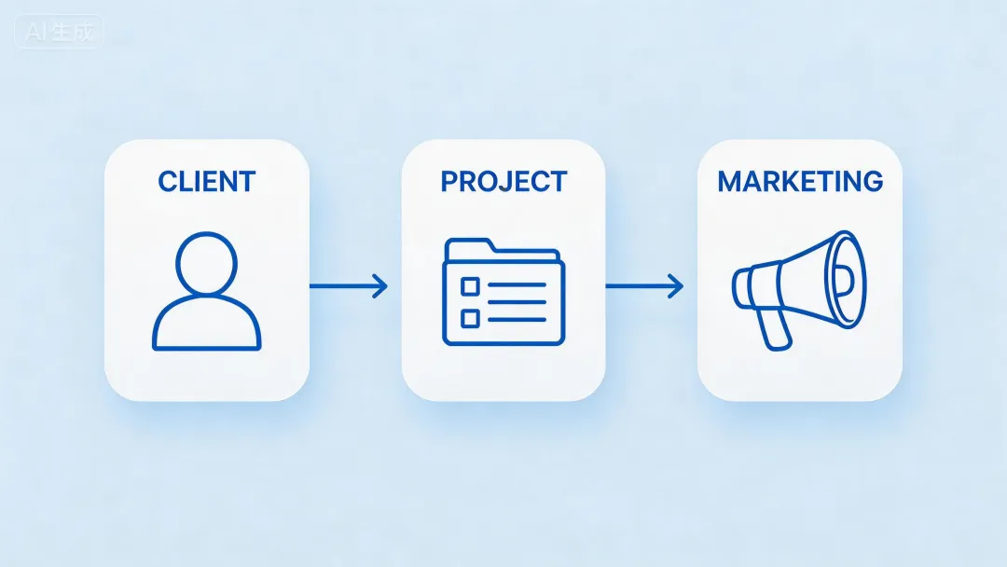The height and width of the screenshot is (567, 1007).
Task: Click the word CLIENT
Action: (x=206, y=181)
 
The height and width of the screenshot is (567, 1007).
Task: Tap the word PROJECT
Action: (x=504, y=181)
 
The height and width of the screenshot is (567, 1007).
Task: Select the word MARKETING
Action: (x=800, y=181)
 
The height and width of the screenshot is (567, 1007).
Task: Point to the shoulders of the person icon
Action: (x=206, y=326)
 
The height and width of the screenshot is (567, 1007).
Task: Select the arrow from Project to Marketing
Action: (x=643, y=286)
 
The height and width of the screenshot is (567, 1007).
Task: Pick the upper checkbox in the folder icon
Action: (x=470, y=285)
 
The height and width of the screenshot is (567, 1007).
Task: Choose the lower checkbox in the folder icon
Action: (x=470, y=318)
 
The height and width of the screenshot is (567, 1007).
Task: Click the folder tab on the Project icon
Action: (x=470, y=246)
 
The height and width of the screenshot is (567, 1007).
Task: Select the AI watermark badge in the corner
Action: (x=59, y=32)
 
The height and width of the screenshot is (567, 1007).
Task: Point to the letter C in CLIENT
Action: (x=168, y=181)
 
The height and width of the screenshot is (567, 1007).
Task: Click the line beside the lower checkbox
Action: (x=517, y=318)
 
